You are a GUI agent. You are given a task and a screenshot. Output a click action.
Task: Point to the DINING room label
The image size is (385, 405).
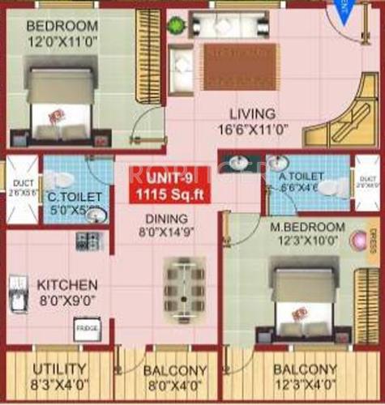[167, 219]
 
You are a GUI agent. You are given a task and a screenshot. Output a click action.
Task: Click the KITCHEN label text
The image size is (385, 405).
[67, 285]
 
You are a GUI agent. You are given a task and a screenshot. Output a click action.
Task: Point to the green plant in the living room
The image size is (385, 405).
[177, 24]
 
